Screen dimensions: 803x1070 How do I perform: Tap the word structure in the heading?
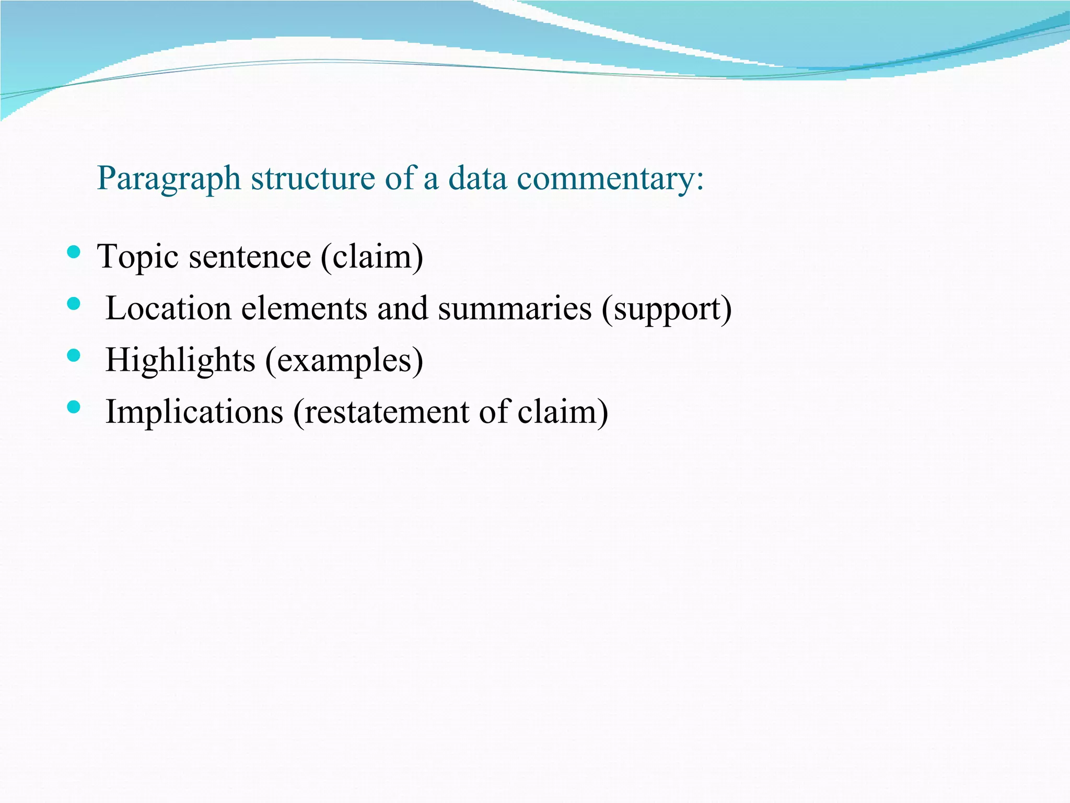click(312, 179)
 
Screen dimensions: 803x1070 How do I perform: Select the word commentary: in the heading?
click(610, 179)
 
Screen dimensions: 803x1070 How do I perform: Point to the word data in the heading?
click(478, 179)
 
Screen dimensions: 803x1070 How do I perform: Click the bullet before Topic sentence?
click(74, 253)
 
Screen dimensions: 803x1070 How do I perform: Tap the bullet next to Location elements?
click(74, 304)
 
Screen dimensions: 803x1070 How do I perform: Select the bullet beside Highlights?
click(74, 356)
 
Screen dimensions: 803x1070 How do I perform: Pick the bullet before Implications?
click(74, 407)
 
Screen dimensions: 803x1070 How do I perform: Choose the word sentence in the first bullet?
click(250, 257)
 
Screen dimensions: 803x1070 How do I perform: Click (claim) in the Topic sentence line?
click(371, 257)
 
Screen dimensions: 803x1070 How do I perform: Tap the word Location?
click(168, 308)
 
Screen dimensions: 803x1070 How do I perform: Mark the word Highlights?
click(180, 361)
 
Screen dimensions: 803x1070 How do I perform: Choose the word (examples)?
click(344, 361)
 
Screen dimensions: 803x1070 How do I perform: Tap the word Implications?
click(194, 412)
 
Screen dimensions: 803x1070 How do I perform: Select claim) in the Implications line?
click(563, 412)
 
